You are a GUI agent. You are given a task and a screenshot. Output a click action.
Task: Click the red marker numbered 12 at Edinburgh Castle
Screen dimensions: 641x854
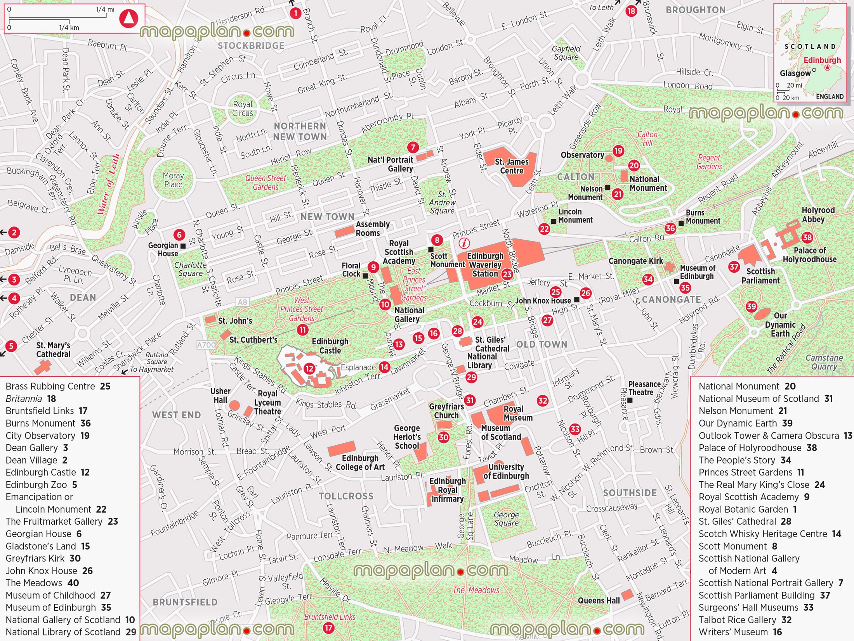tap(309, 368)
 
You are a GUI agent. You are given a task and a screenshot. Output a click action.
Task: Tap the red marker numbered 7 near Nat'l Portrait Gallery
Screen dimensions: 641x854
tap(413, 147)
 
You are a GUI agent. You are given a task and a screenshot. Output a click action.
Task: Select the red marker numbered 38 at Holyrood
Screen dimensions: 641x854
tap(807, 237)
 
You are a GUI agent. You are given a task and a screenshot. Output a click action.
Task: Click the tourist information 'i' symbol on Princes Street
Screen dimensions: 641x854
tap(464, 244)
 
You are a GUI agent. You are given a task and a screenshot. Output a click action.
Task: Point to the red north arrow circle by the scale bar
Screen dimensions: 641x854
tap(128, 18)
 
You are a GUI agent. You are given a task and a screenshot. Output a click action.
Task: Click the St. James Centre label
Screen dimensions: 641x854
tap(512, 166)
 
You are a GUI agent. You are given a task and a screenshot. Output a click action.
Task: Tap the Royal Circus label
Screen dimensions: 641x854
tap(243, 109)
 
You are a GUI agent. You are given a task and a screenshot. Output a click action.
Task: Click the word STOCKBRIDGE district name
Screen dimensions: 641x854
tap(251, 46)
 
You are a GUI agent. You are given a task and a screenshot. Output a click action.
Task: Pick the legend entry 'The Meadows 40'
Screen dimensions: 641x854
tap(42, 583)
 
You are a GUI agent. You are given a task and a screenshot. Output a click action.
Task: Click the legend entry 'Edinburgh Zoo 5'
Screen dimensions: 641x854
tap(41, 485)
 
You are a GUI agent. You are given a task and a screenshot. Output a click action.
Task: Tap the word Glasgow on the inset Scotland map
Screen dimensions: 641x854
tap(795, 73)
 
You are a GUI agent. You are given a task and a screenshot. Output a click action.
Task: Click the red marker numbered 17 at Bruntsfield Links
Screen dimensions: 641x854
tap(329, 628)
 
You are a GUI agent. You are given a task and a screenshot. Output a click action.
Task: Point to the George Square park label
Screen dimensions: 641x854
tap(506, 519)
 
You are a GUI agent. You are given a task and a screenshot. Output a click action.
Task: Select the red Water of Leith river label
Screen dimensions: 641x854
tap(108, 185)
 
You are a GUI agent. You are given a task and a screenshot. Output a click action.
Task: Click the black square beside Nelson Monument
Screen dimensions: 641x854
tap(608, 188)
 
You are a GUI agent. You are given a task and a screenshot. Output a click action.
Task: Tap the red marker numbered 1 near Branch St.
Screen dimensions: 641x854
tap(295, 14)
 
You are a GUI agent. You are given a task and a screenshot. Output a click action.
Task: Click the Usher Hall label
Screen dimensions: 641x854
tap(220, 396)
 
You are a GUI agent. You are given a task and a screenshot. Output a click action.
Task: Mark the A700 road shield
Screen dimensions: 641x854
tap(206, 345)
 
